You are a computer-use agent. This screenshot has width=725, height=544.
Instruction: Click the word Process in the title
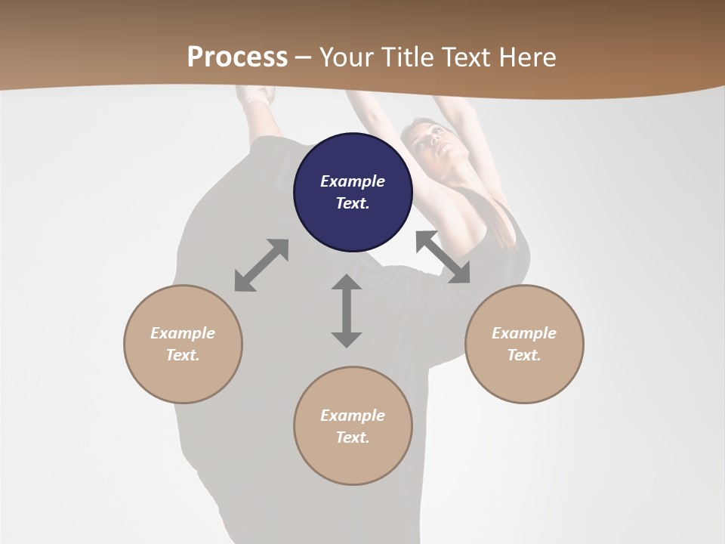click(x=237, y=57)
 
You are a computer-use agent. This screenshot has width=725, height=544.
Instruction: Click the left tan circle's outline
click(x=125, y=344)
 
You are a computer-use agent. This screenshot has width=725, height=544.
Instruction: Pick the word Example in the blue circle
click(x=353, y=181)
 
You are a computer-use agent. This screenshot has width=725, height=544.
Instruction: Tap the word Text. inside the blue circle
click(x=353, y=203)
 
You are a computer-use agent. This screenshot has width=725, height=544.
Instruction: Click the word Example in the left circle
click(x=183, y=333)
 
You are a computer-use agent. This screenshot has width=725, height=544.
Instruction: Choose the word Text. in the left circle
click(x=183, y=355)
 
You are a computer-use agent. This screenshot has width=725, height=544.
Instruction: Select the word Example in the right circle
click(x=524, y=333)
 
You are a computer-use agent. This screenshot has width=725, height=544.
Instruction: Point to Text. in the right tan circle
click(x=524, y=355)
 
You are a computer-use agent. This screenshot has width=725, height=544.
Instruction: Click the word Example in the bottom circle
click(x=353, y=416)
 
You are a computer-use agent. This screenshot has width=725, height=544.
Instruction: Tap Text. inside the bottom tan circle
click(x=353, y=437)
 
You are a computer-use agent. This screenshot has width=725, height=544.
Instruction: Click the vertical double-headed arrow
click(x=347, y=311)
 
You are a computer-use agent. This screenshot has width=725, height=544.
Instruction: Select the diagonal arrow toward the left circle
click(x=261, y=265)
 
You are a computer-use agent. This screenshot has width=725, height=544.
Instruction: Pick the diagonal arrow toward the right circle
click(x=443, y=257)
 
